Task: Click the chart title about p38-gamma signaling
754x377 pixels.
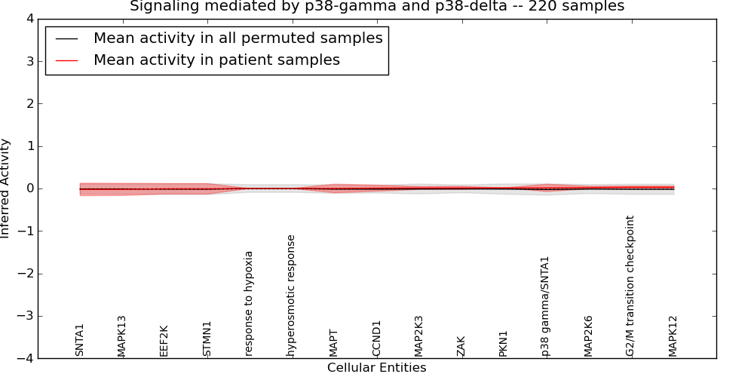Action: (377, 7)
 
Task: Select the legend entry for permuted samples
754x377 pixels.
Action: (238, 38)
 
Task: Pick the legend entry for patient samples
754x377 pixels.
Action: (216, 60)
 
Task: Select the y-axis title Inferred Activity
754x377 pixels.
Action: (6, 188)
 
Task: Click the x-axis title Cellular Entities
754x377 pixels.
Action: (376, 368)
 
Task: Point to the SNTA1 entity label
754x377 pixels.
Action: (80, 340)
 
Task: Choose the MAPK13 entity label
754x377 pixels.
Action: (122, 336)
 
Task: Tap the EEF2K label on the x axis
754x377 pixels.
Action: (164, 340)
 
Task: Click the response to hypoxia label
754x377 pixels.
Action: (249, 303)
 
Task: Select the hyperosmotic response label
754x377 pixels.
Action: (291, 295)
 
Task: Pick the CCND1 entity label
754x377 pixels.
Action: (376, 339)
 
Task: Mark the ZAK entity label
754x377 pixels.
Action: (461, 346)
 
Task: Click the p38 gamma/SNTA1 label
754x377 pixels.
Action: (545, 306)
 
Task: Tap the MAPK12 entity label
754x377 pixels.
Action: (673, 336)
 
